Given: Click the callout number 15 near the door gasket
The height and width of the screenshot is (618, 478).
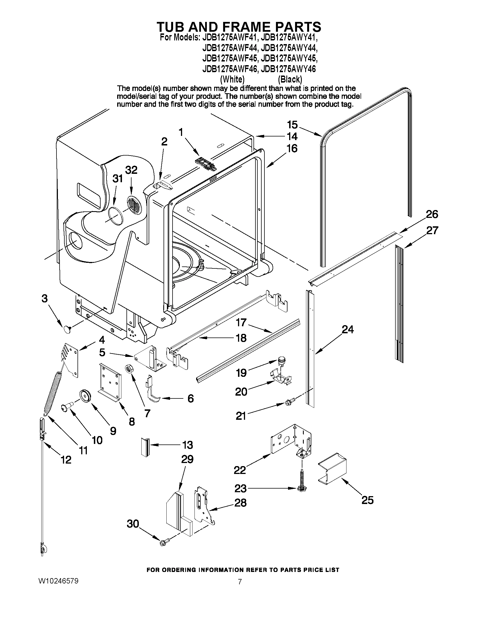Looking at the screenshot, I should pyautogui.click(x=292, y=125).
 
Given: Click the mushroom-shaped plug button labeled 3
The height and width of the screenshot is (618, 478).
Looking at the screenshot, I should pyautogui.click(x=67, y=329).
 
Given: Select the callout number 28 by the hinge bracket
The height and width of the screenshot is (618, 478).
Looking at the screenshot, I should pyautogui.click(x=241, y=502).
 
